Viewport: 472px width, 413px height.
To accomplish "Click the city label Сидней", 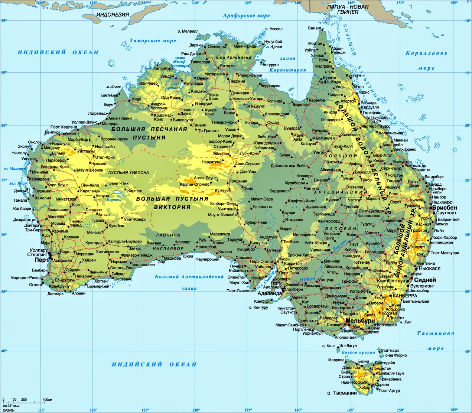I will tap(425, 280).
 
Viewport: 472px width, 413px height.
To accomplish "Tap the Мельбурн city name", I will tap(360, 321).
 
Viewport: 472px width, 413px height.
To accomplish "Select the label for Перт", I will tap(42, 260).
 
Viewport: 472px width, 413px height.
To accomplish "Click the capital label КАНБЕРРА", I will tap(405, 296).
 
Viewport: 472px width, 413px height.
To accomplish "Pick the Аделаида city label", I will tap(270, 293).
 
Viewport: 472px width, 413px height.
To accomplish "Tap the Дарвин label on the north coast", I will tap(196, 45).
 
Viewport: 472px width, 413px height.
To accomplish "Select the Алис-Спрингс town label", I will tap(248, 164).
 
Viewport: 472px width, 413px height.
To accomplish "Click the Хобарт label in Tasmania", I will tap(365, 387).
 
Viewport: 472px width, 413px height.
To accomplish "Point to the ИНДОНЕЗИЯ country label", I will tap(113, 15).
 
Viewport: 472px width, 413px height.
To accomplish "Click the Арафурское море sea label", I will tap(246, 16).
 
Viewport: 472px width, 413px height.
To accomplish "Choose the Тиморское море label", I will tap(153, 41).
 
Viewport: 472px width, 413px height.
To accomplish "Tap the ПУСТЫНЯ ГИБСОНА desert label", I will tap(128, 173).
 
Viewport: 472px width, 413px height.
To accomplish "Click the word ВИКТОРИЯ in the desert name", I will tap(172, 207).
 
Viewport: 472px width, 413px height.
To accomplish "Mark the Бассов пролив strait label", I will tap(358, 352).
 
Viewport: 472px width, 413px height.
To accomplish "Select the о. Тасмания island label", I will tap(342, 393).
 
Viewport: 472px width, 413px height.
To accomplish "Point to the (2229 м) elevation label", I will tap(389, 313).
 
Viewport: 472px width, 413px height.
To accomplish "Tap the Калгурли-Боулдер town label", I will tap(124, 242).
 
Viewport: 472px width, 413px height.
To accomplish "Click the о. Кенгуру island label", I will tap(258, 308).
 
